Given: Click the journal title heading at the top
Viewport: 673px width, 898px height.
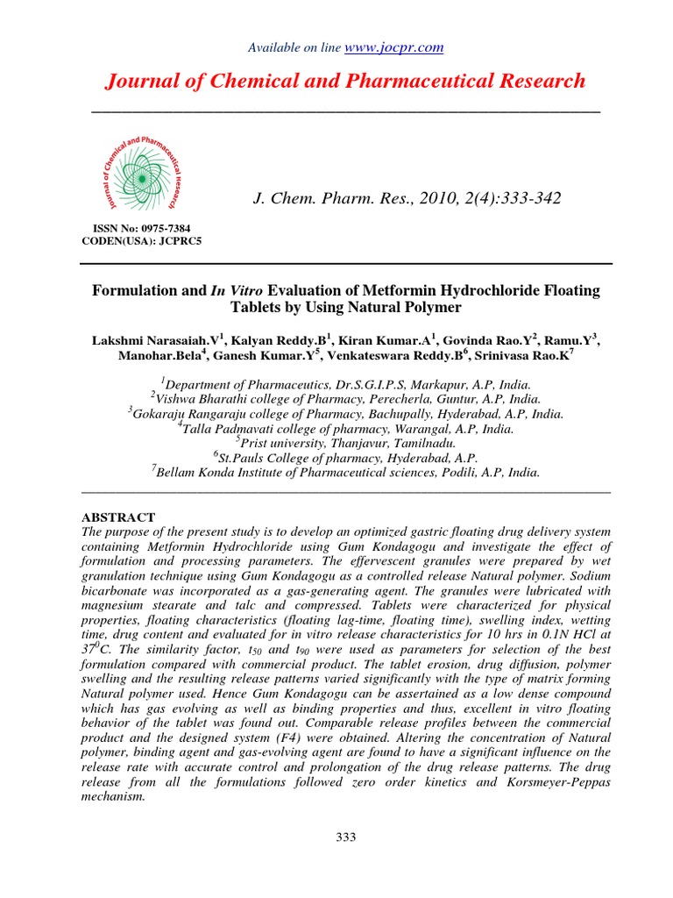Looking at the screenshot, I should pos(345,82).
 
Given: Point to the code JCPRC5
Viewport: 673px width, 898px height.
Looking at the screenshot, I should pos(176,240).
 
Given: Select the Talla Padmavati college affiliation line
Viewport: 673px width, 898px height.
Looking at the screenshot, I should pos(345,428).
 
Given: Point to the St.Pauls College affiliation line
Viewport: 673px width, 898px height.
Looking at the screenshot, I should pos(345,457).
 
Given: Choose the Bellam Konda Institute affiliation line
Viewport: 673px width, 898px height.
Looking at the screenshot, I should pos(345,472).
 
